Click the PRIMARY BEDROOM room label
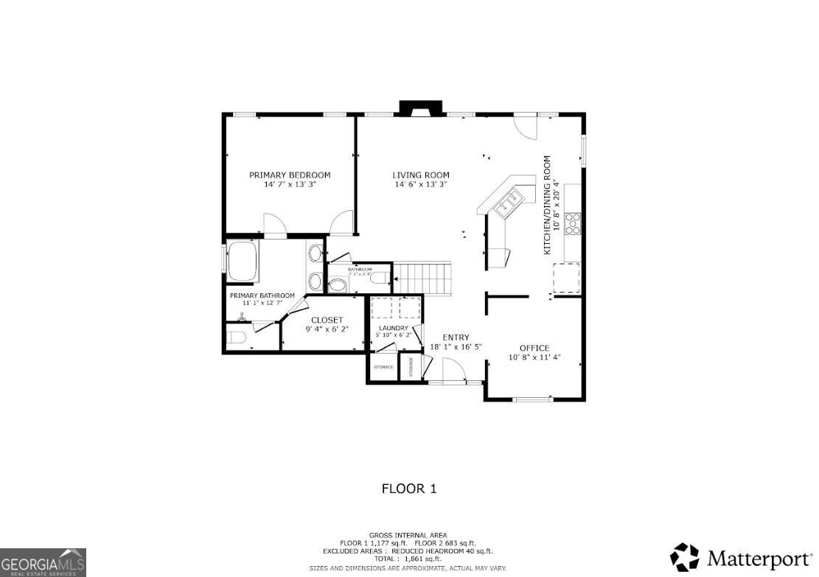point(289,175)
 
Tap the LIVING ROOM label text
point(420,175)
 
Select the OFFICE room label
point(534,348)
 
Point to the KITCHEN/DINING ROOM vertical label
point(547,205)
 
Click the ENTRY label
point(456,338)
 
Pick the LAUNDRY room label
point(393,328)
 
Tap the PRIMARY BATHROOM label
point(262,296)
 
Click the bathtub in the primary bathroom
point(243,262)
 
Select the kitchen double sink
point(508,200)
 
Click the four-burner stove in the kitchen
point(572,222)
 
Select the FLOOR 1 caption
point(408,489)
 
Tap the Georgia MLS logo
point(43,562)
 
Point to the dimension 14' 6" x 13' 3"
point(420,185)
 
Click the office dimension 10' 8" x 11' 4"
point(534,357)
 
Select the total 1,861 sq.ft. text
point(408,559)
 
